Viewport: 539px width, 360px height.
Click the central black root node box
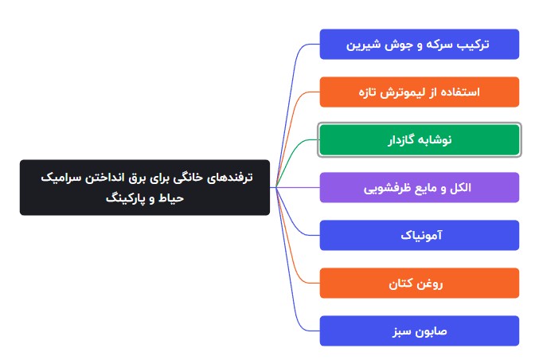[145, 187]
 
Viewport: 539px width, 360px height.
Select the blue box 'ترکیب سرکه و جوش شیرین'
[419, 44]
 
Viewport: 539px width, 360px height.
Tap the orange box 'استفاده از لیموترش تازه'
[419, 92]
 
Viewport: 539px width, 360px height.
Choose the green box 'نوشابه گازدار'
[419, 139]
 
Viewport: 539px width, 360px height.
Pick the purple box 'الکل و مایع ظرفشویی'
[419, 187]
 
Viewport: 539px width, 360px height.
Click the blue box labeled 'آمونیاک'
[419, 235]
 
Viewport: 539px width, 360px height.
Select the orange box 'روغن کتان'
[419, 283]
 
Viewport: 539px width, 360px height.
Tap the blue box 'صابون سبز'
[419, 331]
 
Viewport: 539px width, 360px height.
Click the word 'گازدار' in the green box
[403, 139]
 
